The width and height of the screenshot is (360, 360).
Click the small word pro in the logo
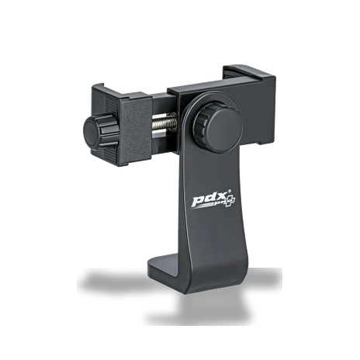220,204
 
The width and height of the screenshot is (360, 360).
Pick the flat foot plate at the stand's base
165,270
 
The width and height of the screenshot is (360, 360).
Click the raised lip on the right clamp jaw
248,71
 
